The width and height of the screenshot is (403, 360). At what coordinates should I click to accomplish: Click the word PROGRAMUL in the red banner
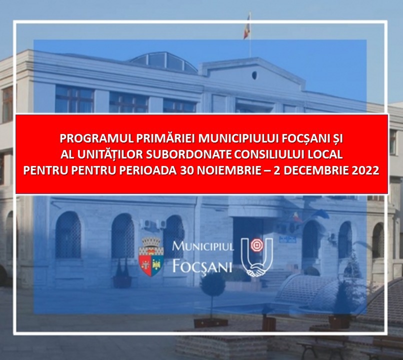(96, 139)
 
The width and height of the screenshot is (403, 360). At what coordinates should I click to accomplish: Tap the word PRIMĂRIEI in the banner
(165, 139)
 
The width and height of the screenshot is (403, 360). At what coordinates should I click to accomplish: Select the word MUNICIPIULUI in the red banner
(238, 139)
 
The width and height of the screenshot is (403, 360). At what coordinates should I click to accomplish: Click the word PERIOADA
(147, 170)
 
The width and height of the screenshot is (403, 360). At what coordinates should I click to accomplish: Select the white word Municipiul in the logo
(203, 246)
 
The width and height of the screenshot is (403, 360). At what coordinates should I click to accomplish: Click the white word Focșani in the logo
(202, 266)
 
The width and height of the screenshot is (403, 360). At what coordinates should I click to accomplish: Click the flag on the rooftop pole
(247, 26)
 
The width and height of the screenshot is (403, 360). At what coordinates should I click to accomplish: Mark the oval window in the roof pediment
(254, 75)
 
